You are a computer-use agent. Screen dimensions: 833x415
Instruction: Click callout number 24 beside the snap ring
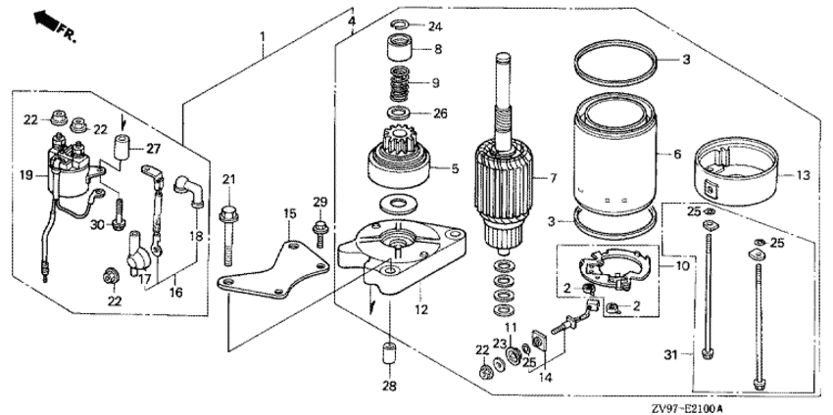click(x=435, y=26)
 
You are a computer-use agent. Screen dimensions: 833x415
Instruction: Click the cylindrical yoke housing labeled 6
click(x=617, y=154)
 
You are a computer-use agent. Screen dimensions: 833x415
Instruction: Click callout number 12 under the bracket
click(x=421, y=308)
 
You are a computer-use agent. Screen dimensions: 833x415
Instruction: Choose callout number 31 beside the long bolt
click(x=671, y=354)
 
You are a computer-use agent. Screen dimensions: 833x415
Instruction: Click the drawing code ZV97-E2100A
click(x=687, y=409)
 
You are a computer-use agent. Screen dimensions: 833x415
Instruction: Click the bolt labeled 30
click(x=119, y=214)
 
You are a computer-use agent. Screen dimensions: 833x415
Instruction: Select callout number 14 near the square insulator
click(x=546, y=378)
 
